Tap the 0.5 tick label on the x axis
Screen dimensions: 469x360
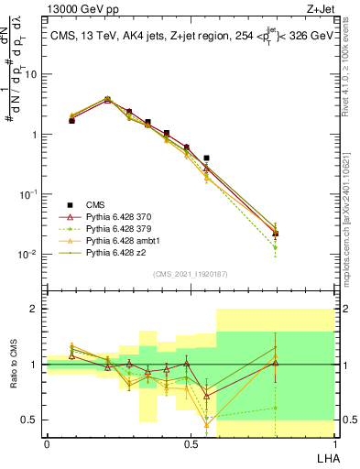[x=190, y=443]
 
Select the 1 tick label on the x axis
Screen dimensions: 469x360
[x=333, y=443]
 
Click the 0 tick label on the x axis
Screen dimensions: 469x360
[x=47, y=443]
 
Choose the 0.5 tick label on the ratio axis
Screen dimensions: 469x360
[x=31, y=420]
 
